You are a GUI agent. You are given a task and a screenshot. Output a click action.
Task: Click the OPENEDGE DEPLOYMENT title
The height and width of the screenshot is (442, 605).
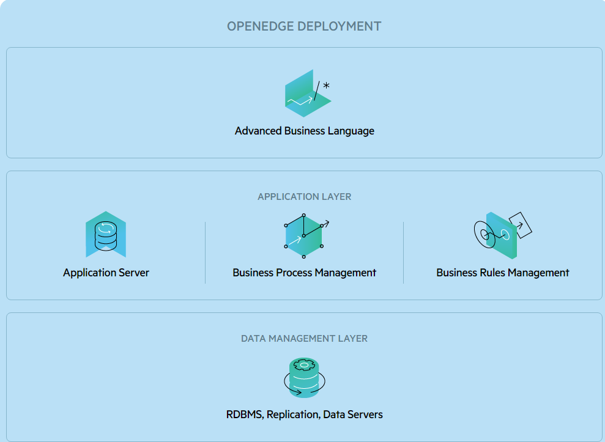click(x=304, y=26)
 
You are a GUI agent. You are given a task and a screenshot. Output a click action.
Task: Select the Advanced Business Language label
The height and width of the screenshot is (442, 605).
click(x=304, y=131)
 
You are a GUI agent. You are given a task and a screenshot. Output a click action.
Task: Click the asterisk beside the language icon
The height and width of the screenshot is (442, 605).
click(x=326, y=86)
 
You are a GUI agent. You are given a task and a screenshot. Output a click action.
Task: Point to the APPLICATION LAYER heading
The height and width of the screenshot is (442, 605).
click(x=304, y=197)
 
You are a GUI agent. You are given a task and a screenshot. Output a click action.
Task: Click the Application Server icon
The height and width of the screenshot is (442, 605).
click(x=106, y=235)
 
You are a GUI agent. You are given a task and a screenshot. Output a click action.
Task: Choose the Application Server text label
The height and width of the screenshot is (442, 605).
click(x=106, y=273)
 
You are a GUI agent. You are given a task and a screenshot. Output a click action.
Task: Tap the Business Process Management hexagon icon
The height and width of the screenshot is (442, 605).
click(x=304, y=234)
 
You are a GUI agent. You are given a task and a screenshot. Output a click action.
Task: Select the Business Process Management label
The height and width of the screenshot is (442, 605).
click(x=304, y=273)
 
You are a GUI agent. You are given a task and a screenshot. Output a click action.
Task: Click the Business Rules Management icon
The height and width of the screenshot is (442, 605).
click(x=502, y=234)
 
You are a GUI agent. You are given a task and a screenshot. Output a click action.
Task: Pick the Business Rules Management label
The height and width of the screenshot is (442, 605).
click(x=502, y=273)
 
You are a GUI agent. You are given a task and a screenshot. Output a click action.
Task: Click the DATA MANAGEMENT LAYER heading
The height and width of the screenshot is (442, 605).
click(x=304, y=338)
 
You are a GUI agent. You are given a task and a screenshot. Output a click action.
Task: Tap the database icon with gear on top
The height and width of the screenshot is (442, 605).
click(x=304, y=378)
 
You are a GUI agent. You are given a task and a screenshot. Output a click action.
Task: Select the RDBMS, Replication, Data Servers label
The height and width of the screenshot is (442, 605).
click(x=304, y=414)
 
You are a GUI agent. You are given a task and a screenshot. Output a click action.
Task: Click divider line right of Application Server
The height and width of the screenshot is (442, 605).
click(x=205, y=252)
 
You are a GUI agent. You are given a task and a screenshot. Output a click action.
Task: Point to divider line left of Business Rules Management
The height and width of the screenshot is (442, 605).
click(x=403, y=252)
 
